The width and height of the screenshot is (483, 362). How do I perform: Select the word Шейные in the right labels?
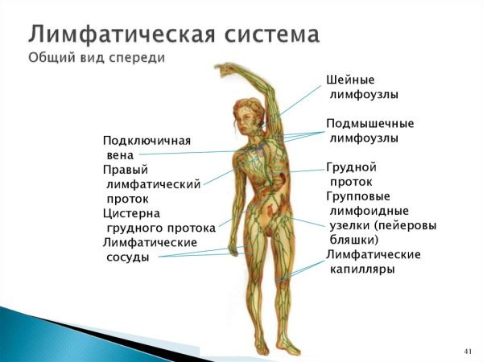[350, 80]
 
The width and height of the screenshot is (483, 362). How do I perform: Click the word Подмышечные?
[370, 124]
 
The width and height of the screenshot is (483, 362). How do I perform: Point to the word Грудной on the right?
[352, 167]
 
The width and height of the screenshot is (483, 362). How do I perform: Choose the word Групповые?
[358, 196]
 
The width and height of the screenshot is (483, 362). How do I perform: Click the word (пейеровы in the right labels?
[407, 225]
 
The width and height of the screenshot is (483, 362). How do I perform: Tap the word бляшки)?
[354, 240]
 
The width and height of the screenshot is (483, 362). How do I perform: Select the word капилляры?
[362, 269]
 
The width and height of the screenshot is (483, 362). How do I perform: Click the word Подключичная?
[147, 141]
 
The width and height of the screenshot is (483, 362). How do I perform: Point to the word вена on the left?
[120, 155]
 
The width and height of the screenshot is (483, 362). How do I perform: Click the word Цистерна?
[131, 213]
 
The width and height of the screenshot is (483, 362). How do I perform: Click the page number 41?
[469, 352]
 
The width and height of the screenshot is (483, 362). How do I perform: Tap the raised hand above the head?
[228, 69]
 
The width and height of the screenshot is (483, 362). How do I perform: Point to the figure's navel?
[260, 207]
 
